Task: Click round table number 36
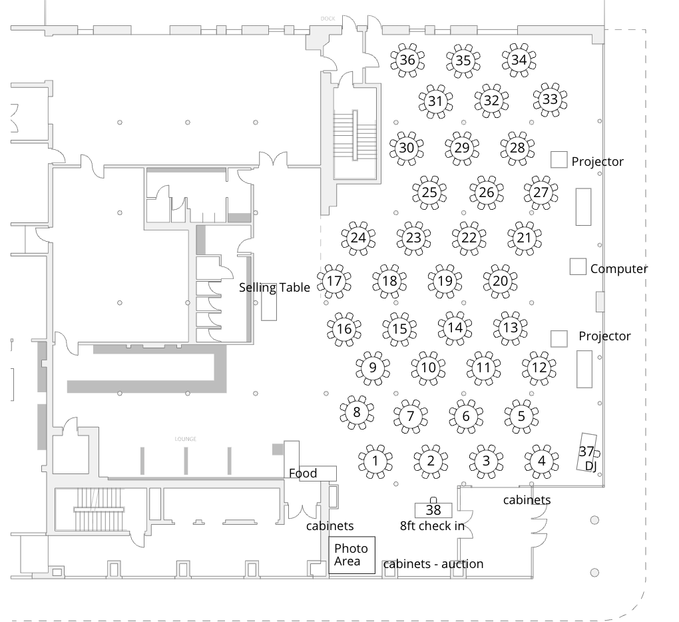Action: [x=407, y=61]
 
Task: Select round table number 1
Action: [x=375, y=461]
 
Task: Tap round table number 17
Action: [x=334, y=281]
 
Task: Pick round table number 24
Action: [x=358, y=238]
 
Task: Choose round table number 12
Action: [x=539, y=367]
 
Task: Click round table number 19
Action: [x=445, y=281]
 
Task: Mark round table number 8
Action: [x=357, y=412]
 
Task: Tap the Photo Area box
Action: [x=352, y=555]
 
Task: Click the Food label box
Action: [x=312, y=473]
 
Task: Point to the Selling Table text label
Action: [x=274, y=288]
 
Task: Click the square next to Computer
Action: [x=578, y=266]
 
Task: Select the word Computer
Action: [x=618, y=269]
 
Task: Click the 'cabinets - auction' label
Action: [x=433, y=564]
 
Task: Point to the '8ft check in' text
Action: [x=432, y=526]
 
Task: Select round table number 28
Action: [x=517, y=148]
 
